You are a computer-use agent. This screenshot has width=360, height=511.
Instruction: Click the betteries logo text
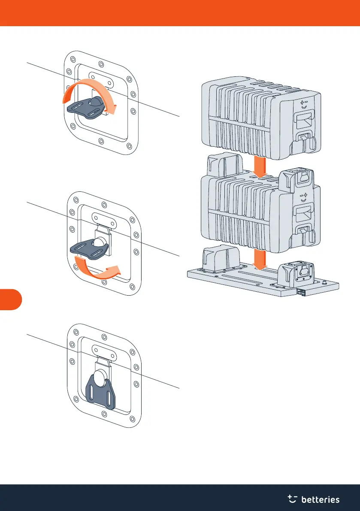point(321,499)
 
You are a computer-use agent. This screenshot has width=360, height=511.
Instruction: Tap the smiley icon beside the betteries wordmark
point(293,499)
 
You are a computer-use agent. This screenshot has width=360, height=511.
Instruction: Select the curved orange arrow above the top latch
point(88,89)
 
